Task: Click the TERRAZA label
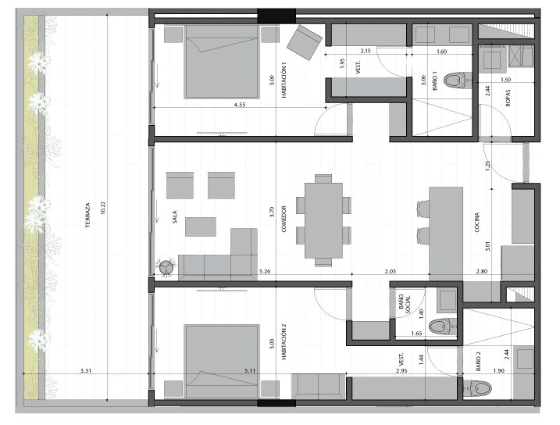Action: pyautogui.click(x=87, y=216)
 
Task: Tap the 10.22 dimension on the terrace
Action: pyautogui.click(x=103, y=208)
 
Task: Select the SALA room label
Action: pyautogui.click(x=175, y=216)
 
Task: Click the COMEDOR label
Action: pyautogui.click(x=284, y=219)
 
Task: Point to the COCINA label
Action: pyautogui.click(x=476, y=223)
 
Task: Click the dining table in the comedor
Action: pyautogui.click(x=323, y=220)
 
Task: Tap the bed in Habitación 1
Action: pyautogui.click(x=222, y=62)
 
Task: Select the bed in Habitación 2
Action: pyautogui.click(x=222, y=361)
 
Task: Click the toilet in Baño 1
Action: pyautogui.click(x=458, y=80)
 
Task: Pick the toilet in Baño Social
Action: pyautogui.click(x=443, y=327)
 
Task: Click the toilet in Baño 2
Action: pyautogui.click(x=477, y=387)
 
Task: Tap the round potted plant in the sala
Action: pyautogui.click(x=166, y=267)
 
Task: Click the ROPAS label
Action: pyautogui.click(x=508, y=98)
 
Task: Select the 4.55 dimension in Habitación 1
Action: pyautogui.click(x=240, y=105)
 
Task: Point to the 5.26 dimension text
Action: pyautogui.click(x=265, y=271)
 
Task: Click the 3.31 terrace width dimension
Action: pyautogui.click(x=86, y=371)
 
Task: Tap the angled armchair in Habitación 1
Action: pyautogui.click(x=305, y=42)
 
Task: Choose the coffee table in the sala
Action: pyautogui.click(x=201, y=227)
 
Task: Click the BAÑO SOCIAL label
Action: pyautogui.click(x=405, y=304)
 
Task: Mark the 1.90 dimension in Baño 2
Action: pyautogui.click(x=498, y=371)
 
